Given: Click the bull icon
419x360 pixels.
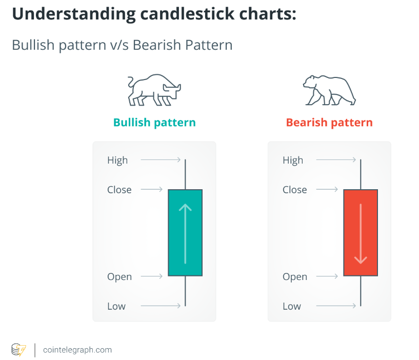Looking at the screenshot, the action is coord(154,90).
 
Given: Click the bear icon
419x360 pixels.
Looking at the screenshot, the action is coord(329,90).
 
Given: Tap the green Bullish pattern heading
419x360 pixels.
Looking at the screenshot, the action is coord(154,123).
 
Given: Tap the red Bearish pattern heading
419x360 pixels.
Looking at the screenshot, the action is coord(329,123).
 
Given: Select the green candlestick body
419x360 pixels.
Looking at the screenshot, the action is coord(185,232).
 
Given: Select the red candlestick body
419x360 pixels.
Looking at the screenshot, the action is coord(361,232).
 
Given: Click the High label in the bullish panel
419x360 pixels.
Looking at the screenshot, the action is coord(117,161).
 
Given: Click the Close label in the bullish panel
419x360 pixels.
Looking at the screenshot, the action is coord(119,190).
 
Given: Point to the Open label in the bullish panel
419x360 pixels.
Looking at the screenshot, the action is coord(119,277).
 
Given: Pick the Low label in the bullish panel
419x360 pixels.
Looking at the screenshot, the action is coord(116,306).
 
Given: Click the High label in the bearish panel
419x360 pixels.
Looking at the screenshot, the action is coord(293,161).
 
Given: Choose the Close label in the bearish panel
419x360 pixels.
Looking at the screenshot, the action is coord(295,190).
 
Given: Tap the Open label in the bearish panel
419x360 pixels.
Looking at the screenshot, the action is coord(295,277).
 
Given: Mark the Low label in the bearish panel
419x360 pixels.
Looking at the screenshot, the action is coord(292,306).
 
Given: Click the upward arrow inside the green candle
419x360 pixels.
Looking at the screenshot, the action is coord(185,234).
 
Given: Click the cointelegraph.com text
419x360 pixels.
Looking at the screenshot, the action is coord(77,350).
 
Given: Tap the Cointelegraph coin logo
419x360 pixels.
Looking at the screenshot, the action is coord(18,350).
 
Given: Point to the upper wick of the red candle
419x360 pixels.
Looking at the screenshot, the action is coord(361,174).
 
